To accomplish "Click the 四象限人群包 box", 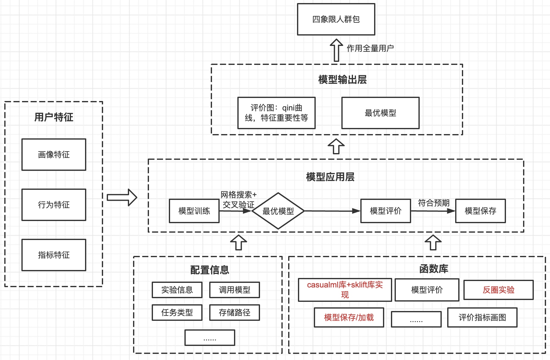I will coord(336,19).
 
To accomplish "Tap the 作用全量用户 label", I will coord(370,48).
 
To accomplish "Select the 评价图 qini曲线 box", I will coord(276,113).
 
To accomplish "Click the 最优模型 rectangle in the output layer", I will coord(380,113).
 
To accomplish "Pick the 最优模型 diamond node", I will coord(278,211).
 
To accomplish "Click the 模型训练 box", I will coord(194,211).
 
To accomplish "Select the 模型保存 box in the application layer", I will coord(480,211).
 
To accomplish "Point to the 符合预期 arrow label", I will coord(433,203).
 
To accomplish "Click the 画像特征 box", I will coord(54,155).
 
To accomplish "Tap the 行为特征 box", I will coord(54,205).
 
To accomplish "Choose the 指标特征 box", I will coord(54,255).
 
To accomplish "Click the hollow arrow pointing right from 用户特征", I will coord(122,197).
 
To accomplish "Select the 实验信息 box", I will coord(177,290).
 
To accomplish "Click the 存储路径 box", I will coord(234,313).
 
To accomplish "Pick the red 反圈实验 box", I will coord(498,290).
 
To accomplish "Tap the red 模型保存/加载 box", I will coord(349,317).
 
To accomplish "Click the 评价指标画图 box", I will coord(482,317).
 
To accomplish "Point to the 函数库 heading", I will coord(433,269).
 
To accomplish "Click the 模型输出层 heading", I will coord(342,80).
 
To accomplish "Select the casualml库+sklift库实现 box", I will coord(345,290).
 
